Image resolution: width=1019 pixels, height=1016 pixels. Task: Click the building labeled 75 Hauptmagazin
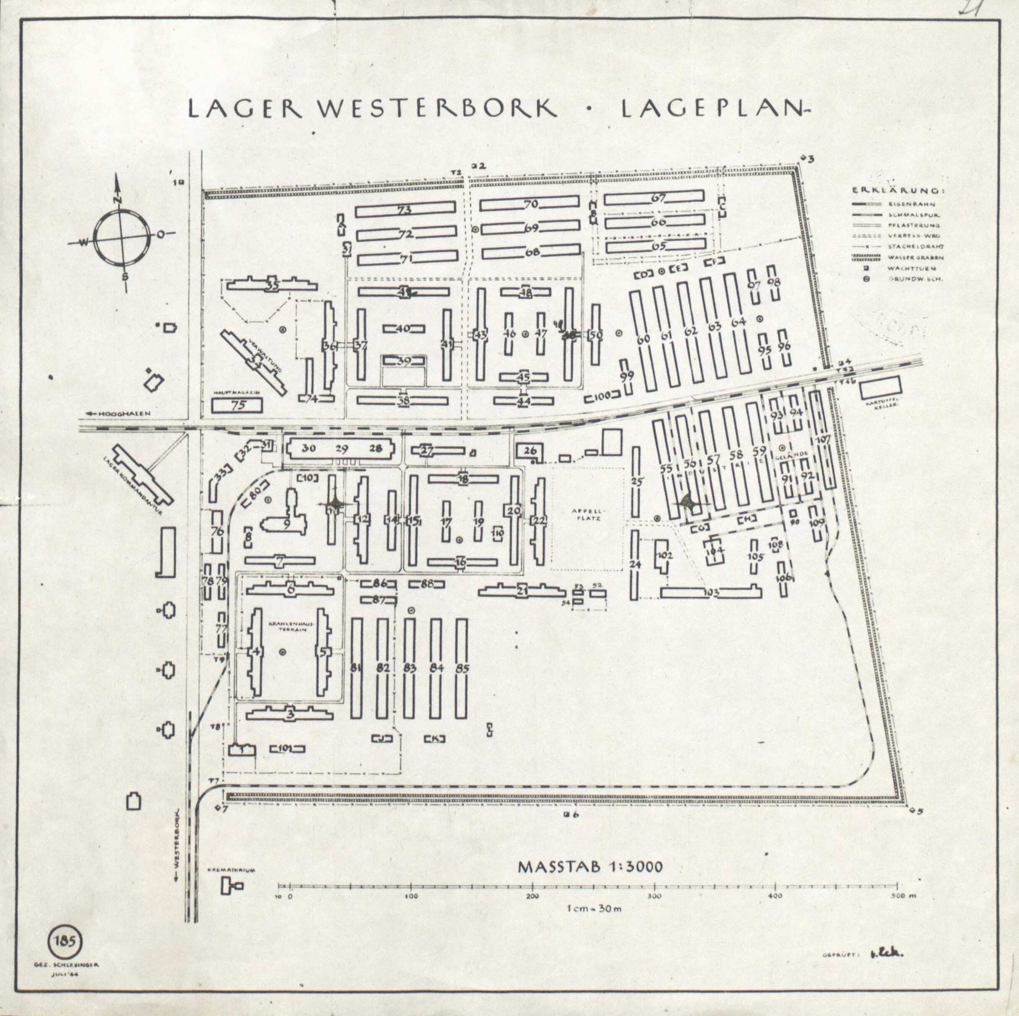(237, 405)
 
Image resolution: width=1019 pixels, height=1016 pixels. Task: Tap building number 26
(530, 450)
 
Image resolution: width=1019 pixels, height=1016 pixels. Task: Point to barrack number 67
(658, 198)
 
